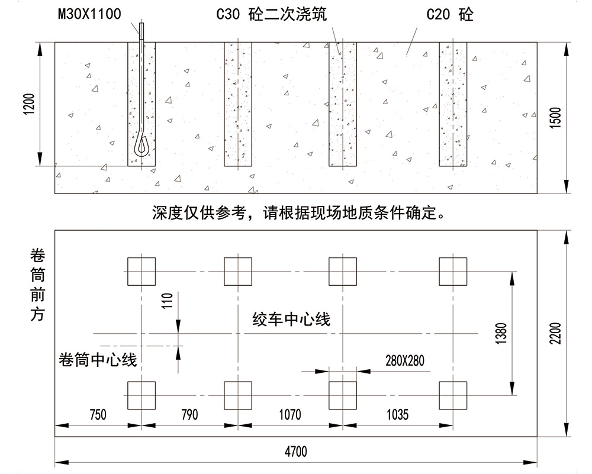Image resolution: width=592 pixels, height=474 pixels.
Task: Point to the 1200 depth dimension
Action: tap(31, 104)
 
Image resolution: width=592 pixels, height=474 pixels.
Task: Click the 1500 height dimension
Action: tap(555, 118)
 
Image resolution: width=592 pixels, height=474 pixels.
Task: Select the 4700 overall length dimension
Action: tap(295, 452)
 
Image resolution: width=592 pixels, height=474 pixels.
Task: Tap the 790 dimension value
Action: tap(189, 414)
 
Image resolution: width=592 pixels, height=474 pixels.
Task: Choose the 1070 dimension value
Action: tap(289, 414)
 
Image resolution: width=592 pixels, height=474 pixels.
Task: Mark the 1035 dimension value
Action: tap(397, 414)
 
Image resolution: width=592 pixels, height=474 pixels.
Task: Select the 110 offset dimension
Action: tap(169, 302)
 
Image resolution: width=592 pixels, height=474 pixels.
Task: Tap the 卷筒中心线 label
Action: tap(98, 359)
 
